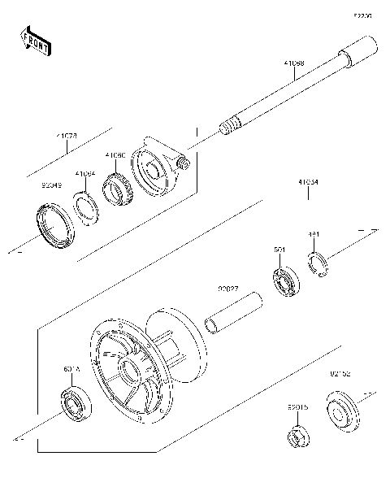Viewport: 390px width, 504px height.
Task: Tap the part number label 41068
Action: click(x=294, y=62)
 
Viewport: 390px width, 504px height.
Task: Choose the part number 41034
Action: click(x=308, y=183)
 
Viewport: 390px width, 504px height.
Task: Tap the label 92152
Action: click(x=340, y=375)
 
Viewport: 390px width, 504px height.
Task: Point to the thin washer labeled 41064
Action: click(x=89, y=206)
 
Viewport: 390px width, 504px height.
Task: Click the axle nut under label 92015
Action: click(x=297, y=436)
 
